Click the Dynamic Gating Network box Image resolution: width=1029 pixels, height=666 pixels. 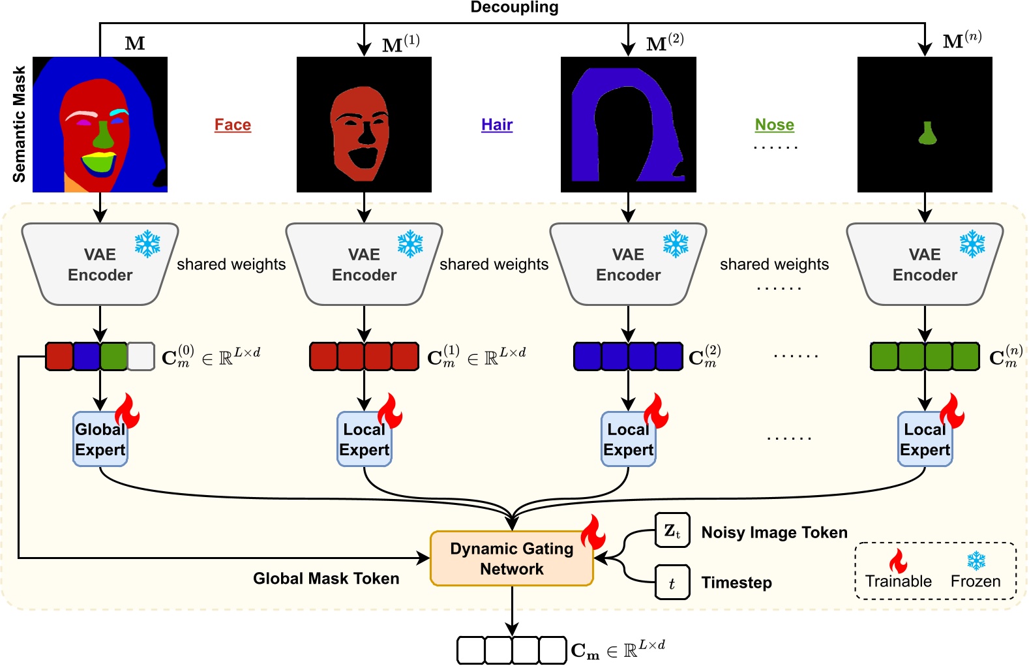point(512,558)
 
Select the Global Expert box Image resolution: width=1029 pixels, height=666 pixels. point(100,439)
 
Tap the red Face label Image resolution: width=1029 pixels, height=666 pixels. point(233,125)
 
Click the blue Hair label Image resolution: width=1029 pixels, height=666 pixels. point(497,125)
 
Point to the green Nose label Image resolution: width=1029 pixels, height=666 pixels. point(774,125)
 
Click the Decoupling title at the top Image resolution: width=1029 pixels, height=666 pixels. point(514,8)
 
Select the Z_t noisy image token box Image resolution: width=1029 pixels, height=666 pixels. point(672,530)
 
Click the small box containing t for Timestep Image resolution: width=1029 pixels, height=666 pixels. point(672,583)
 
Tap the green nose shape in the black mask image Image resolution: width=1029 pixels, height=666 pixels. point(927,134)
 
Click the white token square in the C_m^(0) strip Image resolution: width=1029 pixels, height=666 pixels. point(141,357)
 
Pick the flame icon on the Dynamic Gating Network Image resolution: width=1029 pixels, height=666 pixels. point(593,532)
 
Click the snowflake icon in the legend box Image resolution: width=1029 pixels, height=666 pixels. point(976,560)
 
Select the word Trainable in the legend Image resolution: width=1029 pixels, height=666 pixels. point(898,581)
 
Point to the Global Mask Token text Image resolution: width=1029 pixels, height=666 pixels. point(326,579)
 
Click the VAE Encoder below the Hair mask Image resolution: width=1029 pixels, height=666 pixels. point(628,265)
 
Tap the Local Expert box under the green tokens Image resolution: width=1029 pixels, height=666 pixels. point(925,439)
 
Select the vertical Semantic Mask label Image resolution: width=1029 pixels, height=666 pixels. point(19,124)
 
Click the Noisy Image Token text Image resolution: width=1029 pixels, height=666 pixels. point(774,533)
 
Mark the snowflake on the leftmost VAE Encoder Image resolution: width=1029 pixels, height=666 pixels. point(147,244)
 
